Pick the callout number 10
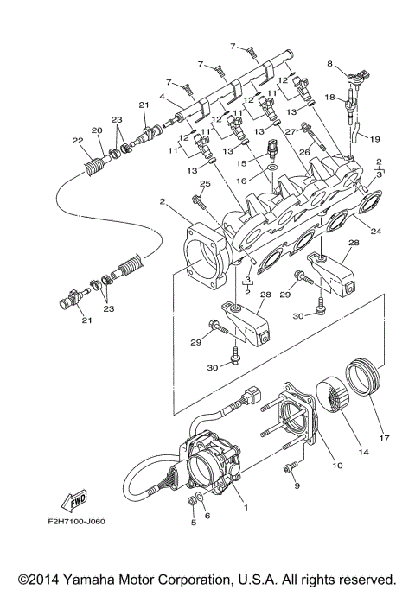337,466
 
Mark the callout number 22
77,141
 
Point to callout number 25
205,184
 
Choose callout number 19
375,137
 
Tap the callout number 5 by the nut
192,523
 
